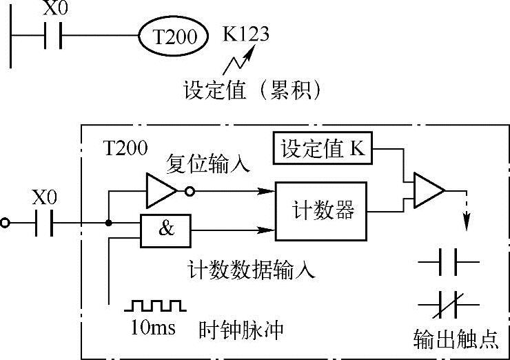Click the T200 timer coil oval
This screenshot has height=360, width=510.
(x=173, y=36)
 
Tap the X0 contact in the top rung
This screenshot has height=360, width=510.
(x=52, y=35)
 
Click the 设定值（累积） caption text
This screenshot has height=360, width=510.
(x=254, y=90)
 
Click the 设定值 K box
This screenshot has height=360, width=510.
(x=323, y=148)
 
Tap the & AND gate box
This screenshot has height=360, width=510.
(x=167, y=230)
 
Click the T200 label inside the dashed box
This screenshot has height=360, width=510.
(x=123, y=147)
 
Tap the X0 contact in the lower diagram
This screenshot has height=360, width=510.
(x=43, y=223)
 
